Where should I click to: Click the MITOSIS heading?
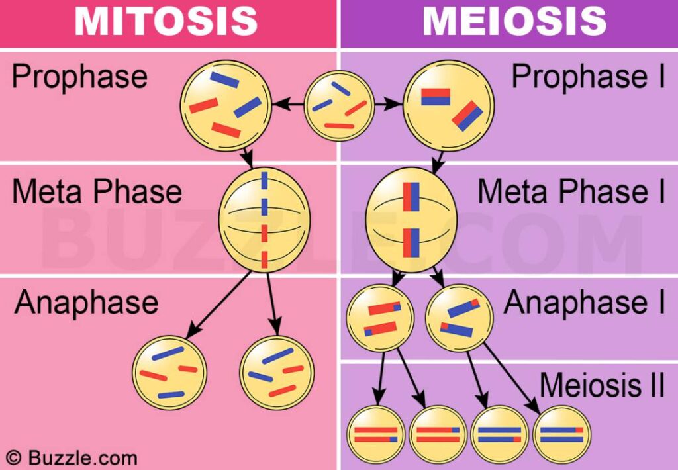click(166, 22)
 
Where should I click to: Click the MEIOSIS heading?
click(514, 22)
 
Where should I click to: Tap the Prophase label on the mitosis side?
click(79, 77)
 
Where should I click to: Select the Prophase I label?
click(588, 77)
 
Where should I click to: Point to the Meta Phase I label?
click(571, 191)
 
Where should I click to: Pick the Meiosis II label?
click(601, 385)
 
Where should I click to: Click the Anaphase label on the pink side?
click(86, 303)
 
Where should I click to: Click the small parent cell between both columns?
click(339, 105)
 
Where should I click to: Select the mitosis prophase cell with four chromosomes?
click(226, 103)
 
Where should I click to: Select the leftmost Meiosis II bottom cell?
click(375, 434)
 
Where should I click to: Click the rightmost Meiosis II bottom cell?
click(562, 434)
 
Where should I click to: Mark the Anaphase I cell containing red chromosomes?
click(380, 318)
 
